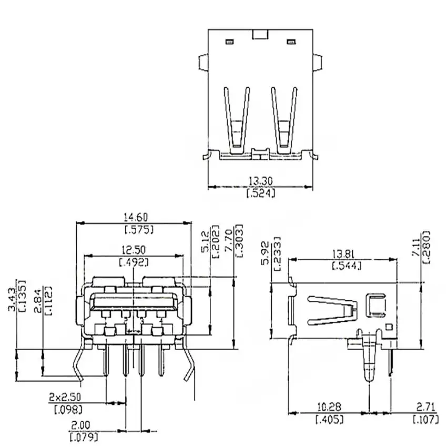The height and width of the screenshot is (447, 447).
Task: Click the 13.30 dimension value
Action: pos(260,181)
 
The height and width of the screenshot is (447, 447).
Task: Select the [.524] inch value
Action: pos(260,194)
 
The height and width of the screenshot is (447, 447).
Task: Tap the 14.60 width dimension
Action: pos(136,218)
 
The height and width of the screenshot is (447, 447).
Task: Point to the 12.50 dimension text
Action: pos(134,250)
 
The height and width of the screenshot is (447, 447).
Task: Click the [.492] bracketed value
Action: pos(134,262)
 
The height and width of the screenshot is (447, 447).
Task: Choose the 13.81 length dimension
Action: pos(345,253)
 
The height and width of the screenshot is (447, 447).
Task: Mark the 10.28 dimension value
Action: pos(329,407)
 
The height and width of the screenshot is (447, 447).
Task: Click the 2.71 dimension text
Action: pos(426,407)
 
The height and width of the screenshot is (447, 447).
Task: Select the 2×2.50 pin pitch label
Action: pos(65,397)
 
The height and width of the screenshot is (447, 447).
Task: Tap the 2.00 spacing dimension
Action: pos(80,425)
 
